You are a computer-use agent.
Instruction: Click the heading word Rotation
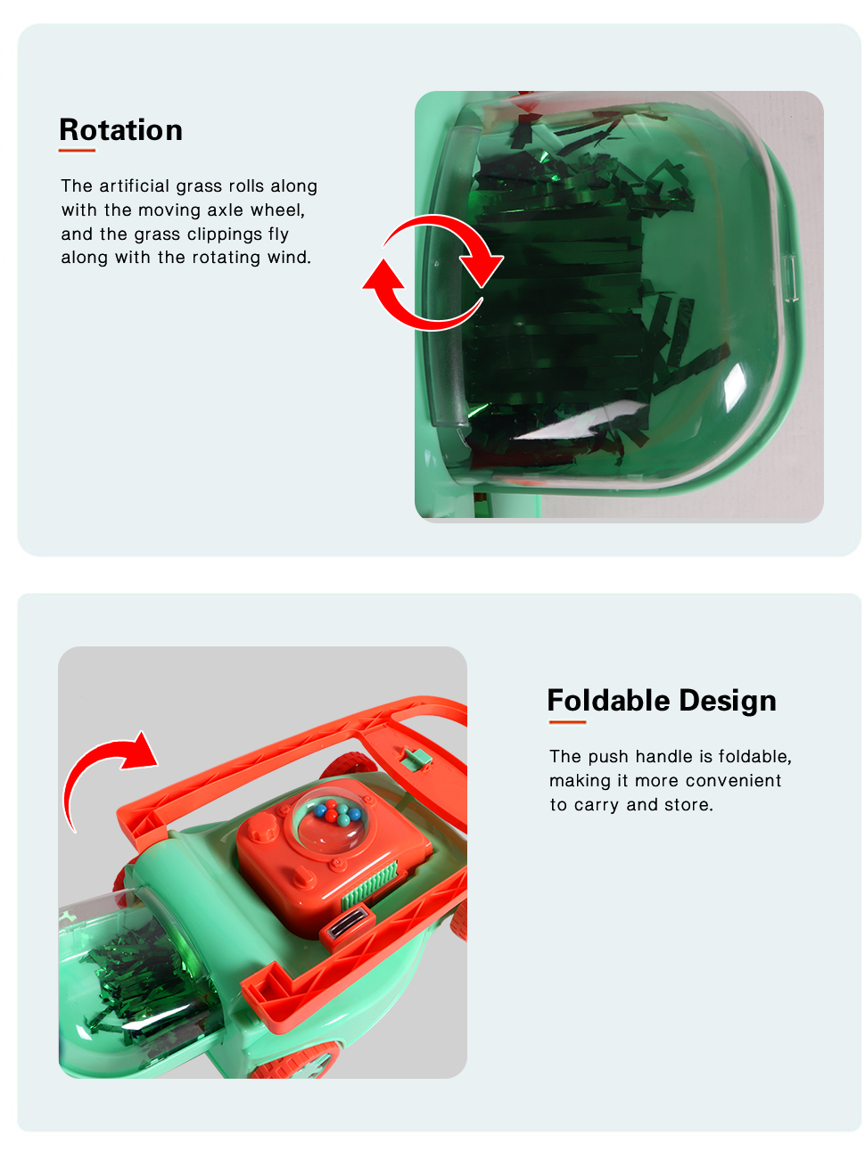point(120,130)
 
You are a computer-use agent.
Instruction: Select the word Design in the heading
point(728,701)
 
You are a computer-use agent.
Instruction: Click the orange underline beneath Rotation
point(77,151)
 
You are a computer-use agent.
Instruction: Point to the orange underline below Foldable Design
point(567,722)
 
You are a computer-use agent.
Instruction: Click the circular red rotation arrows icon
point(432,273)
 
